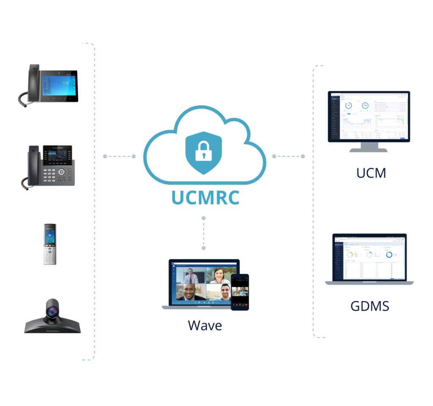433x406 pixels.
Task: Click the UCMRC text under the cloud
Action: [x=205, y=197]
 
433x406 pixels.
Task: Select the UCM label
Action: [x=371, y=173]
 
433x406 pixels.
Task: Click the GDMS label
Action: [x=370, y=305]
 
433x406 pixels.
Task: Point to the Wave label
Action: [x=205, y=325]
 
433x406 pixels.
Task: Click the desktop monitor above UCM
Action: [x=369, y=116]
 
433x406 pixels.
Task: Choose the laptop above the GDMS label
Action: [x=369, y=258]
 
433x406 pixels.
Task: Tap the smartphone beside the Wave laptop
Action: [x=240, y=292]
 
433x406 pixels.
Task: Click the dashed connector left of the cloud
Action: [x=119, y=156]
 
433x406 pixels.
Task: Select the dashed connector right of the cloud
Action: [x=288, y=156]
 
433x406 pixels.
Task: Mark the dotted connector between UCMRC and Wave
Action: [x=203, y=233]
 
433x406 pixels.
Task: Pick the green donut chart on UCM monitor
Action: [x=364, y=105]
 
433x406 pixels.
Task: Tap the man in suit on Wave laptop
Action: [x=191, y=276]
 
